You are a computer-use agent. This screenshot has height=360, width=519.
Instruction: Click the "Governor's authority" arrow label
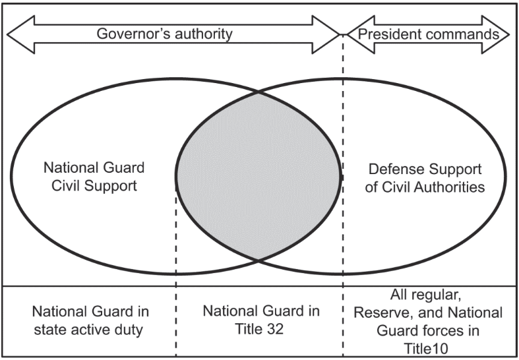coord(164,33)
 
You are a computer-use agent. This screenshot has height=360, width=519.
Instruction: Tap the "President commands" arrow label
coord(429,33)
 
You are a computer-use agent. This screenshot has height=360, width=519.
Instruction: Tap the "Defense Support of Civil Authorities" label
coord(425,177)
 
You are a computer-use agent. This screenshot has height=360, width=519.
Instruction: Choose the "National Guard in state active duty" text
coord(87,320)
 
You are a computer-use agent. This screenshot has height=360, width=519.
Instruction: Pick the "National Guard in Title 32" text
coord(261,320)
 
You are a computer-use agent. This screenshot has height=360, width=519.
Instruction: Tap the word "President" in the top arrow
coord(398,33)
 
